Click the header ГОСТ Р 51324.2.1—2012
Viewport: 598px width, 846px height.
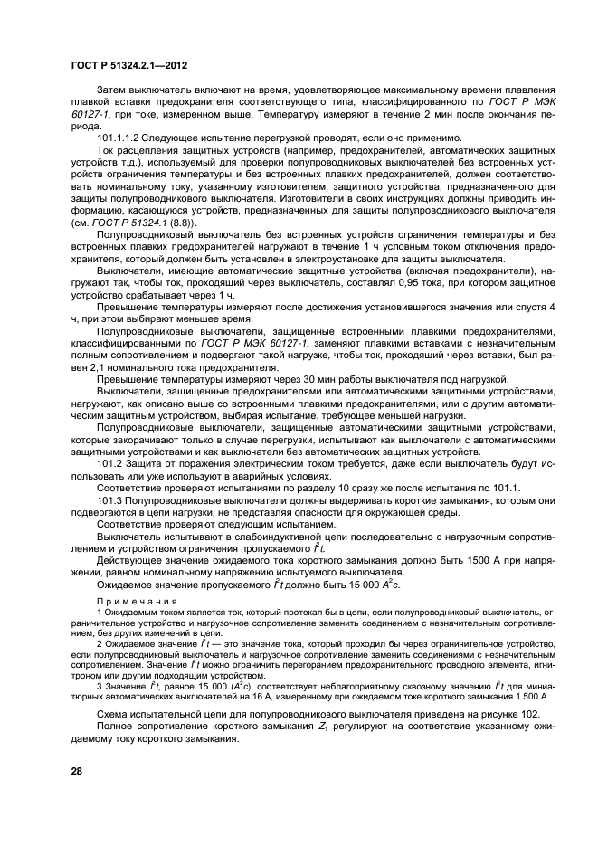(x=128, y=66)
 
